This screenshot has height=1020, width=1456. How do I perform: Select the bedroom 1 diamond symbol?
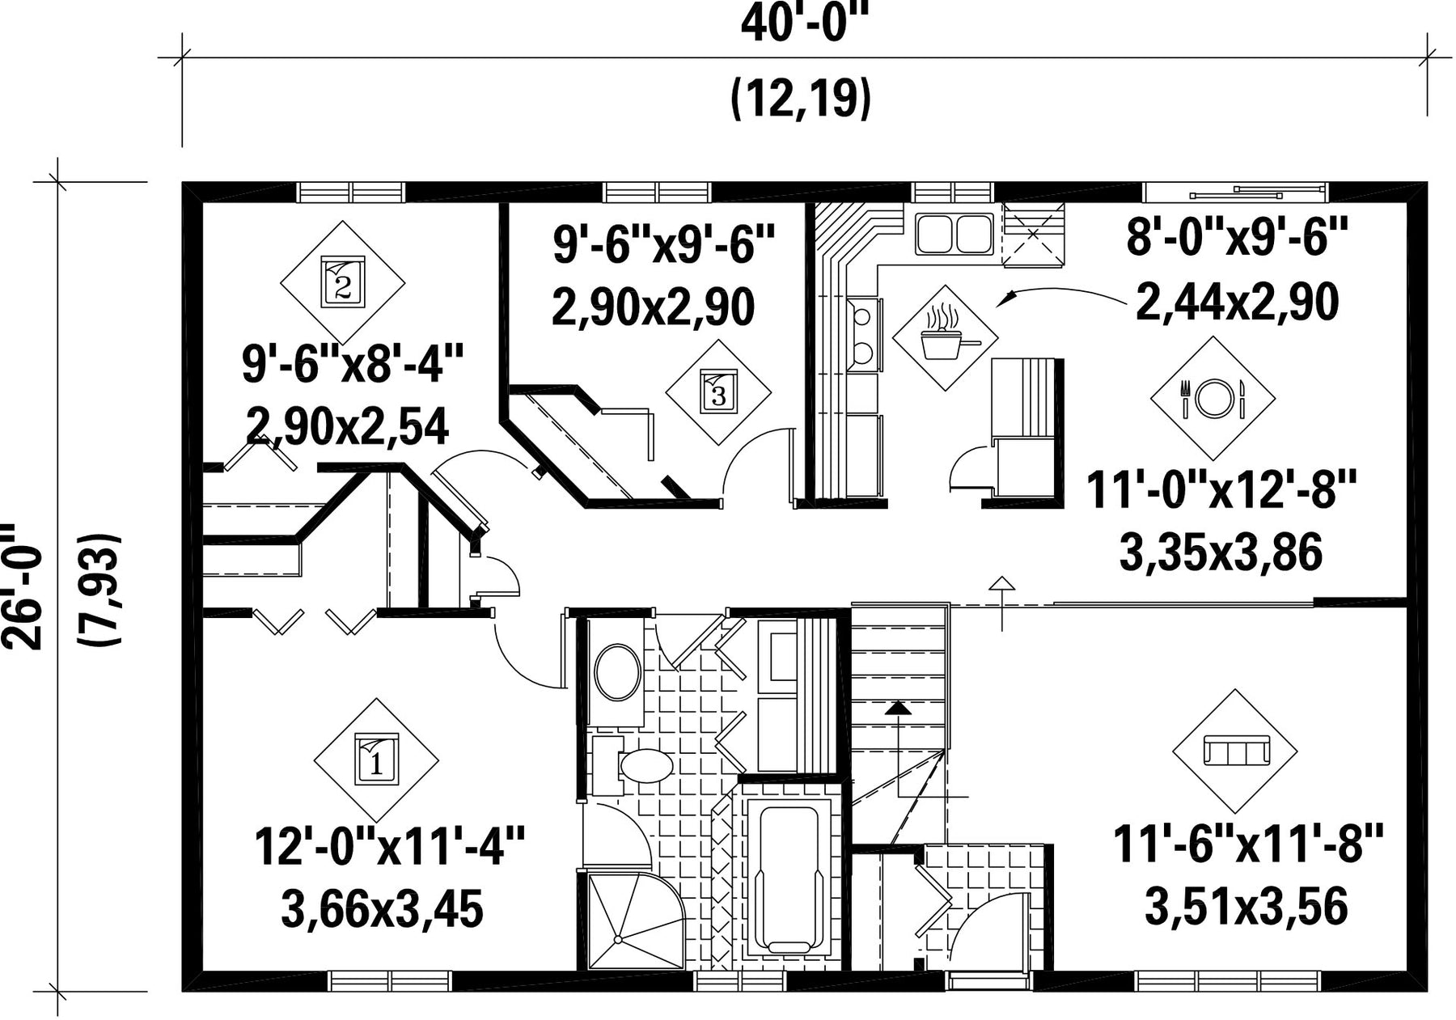tap(376, 760)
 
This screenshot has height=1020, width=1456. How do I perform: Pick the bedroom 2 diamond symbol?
tap(343, 282)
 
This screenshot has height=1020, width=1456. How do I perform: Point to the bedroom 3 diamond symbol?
tap(718, 392)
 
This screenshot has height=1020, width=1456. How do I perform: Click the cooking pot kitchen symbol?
tap(945, 337)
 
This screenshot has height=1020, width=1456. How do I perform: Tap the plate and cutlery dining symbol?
tap(1213, 399)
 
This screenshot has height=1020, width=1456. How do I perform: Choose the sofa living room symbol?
tap(1235, 751)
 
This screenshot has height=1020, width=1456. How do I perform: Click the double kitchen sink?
tap(954, 234)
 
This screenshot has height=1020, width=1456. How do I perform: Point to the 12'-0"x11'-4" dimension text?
tap(390, 846)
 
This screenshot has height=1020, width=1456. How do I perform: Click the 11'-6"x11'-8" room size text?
tap(1249, 844)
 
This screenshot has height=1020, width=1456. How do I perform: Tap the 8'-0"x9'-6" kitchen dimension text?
tap(1238, 239)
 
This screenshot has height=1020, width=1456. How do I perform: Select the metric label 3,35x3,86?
tap(1221, 553)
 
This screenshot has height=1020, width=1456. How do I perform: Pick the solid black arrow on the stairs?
tap(898, 709)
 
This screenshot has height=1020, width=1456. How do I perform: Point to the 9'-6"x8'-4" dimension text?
tap(353, 364)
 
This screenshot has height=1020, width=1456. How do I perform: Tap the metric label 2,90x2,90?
tap(654, 307)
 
